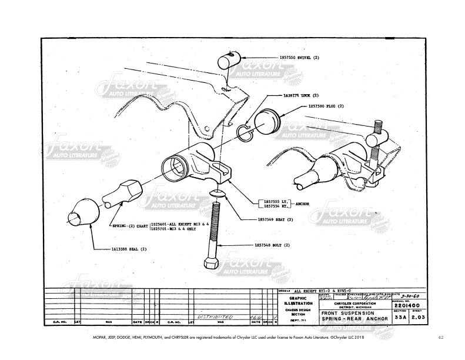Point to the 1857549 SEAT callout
275,219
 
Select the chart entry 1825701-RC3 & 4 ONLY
178,228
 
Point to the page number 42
440,338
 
